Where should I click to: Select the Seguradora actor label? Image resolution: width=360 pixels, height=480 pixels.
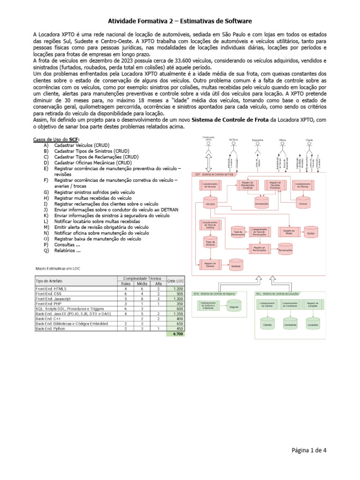pyautogui.click(x=257, y=140)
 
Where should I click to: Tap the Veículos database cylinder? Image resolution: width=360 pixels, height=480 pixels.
pyautogui.click(x=210, y=204)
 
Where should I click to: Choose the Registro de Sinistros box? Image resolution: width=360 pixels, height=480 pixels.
pyautogui.click(x=210, y=265)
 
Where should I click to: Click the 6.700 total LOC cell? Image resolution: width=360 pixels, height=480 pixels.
pyautogui.click(x=178, y=334)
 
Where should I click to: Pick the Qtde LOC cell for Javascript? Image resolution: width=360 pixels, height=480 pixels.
pyautogui.click(x=178, y=298)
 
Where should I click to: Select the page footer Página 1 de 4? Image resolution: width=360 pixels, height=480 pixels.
pyautogui.click(x=309, y=450)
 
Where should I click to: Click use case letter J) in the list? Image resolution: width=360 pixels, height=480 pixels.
pyautogui.click(x=45, y=210)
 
